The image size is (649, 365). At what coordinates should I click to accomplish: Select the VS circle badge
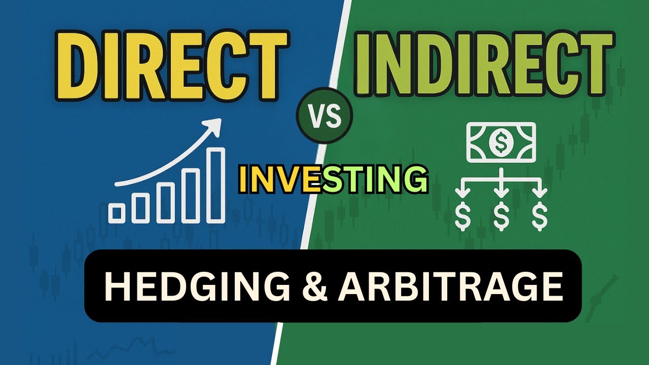click(324, 116)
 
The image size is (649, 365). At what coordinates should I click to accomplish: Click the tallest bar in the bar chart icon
click(217, 185)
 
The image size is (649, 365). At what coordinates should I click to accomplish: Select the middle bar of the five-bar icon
click(166, 202)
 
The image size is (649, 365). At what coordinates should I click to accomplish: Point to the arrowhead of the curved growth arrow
click(216, 125)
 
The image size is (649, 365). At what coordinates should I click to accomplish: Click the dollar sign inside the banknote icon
click(501, 142)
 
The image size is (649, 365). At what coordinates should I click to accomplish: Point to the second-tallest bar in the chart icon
click(191, 196)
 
